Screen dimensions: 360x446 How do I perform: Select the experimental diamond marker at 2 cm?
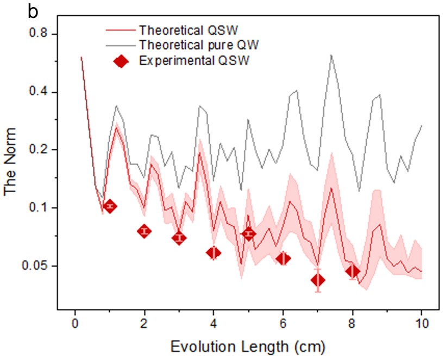(x=145, y=231)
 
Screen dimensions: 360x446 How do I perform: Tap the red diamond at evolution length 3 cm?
(x=179, y=238)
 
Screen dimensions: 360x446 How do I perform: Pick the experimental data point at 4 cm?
(x=214, y=252)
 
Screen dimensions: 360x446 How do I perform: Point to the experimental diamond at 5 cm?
(x=249, y=233)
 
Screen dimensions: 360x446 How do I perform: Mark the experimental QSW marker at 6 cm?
(x=283, y=258)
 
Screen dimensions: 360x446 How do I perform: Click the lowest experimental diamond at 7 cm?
(x=318, y=280)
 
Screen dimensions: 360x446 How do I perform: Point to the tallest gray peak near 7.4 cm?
(x=331, y=55)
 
